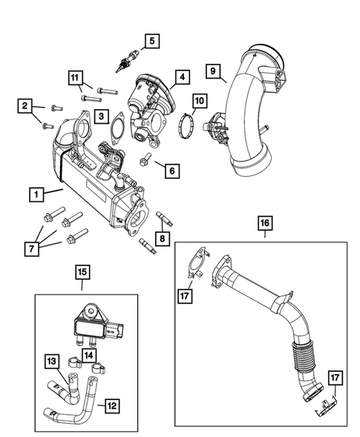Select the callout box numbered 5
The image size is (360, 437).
click(152, 42)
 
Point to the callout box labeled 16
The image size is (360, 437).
click(264, 222)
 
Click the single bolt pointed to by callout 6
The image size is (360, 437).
click(146, 160)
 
